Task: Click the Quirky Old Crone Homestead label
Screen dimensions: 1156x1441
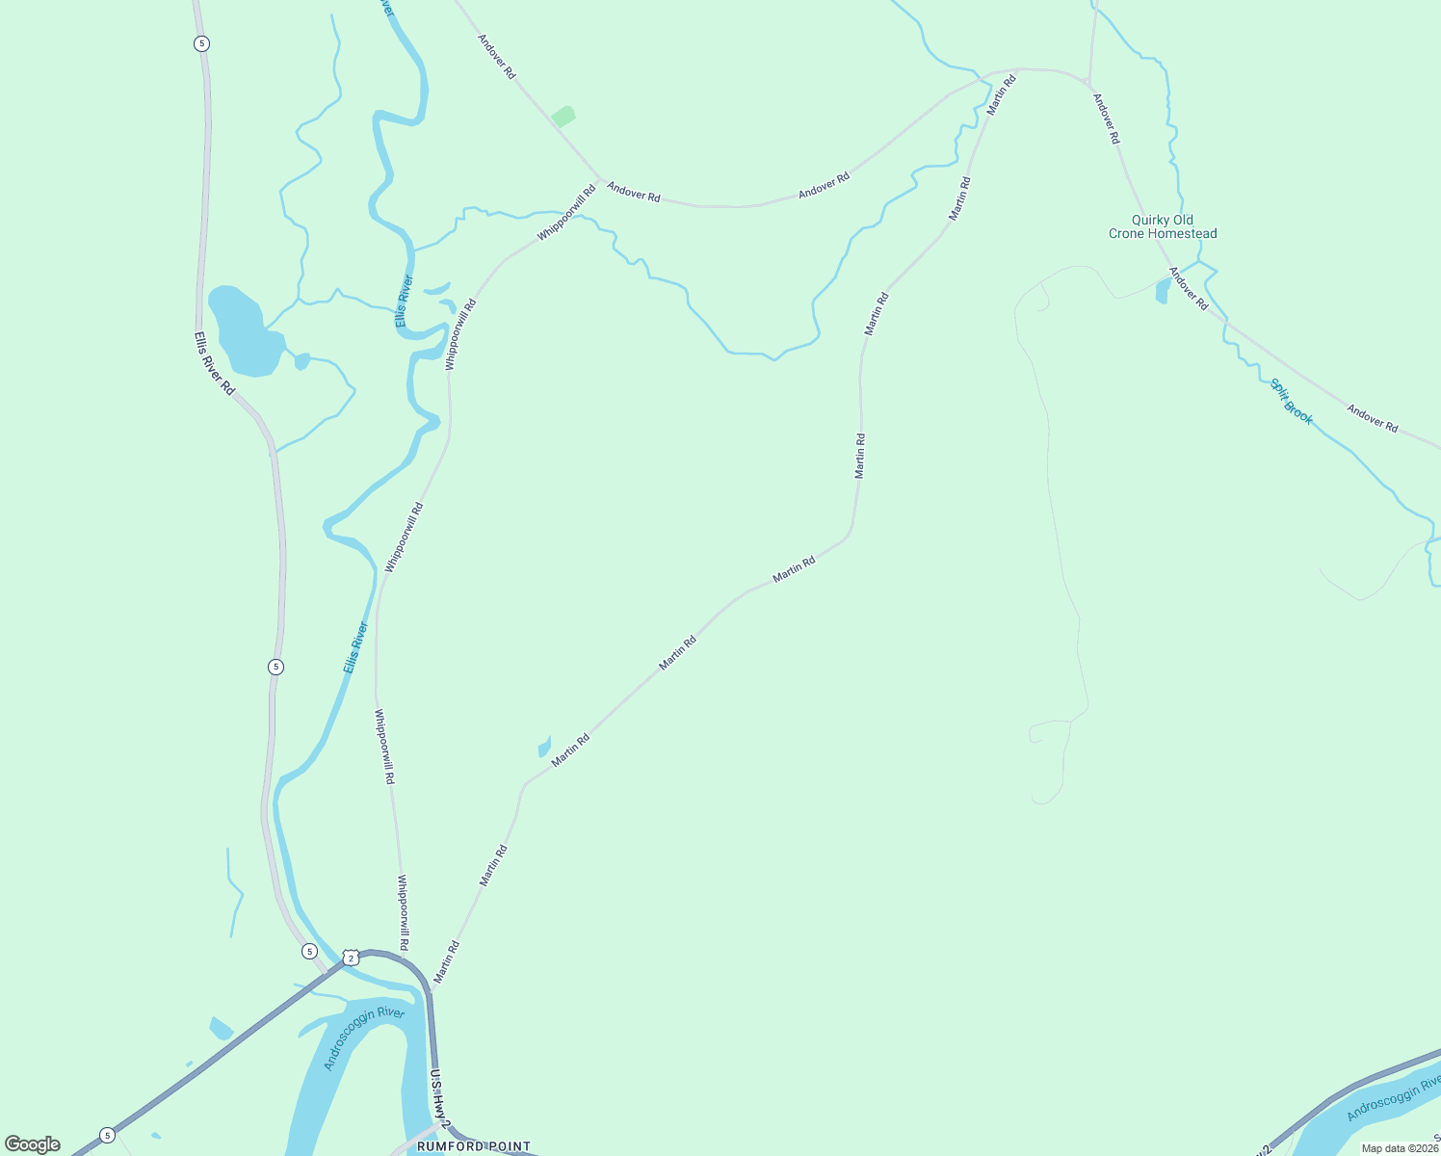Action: tap(1163, 227)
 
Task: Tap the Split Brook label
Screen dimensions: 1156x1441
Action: tap(1291, 402)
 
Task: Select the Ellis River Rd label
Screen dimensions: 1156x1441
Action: tap(214, 363)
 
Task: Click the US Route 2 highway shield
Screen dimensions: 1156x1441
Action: tap(351, 958)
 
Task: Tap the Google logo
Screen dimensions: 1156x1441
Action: tap(32, 1144)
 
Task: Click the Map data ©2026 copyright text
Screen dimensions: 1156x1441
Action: tap(1400, 1148)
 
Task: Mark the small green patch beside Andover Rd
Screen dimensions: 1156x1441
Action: tap(563, 117)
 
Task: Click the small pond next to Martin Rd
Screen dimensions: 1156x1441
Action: tap(544, 748)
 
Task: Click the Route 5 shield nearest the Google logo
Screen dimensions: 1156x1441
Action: tap(107, 1135)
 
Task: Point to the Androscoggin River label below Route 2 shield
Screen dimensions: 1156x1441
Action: tap(364, 1038)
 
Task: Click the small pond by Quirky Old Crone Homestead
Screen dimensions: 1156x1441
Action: tap(1162, 291)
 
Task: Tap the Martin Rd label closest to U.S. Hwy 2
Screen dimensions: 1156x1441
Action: tap(446, 961)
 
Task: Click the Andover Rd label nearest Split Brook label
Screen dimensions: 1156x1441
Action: tap(1372, 418)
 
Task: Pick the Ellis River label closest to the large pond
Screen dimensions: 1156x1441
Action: tap(405, 301)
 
